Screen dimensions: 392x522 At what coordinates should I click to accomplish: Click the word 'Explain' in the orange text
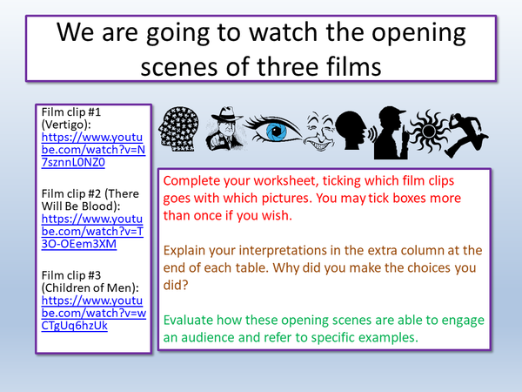(x=187, y=251)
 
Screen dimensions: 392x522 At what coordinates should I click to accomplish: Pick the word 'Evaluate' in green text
(x=192, y=321)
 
